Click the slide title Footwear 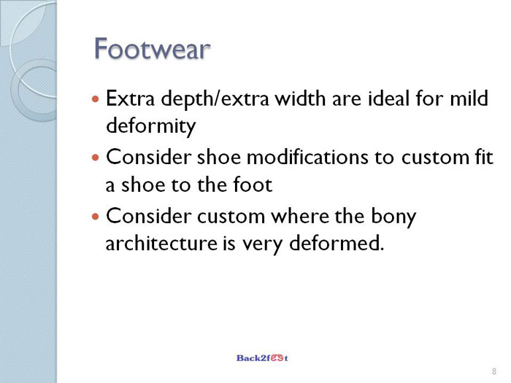click(152, 49)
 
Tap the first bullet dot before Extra click(95, 98)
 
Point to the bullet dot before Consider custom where click(95, 217)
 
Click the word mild click(469, 98)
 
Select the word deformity click(151, 126)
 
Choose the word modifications click(307, 157)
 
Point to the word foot click(253, 185)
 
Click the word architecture click(161, 243)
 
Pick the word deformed click(337, 243)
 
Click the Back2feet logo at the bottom click(262, 358)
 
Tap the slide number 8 click(494, 371)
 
